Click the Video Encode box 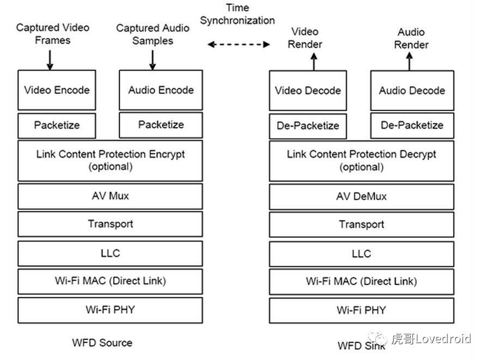pyautogui.click(x=57, y=90)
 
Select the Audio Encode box pyautogui.click(x=161, y=90)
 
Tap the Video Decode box pyautogui.click(x=308, y=90)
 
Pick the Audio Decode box pyautogui.click(x=412, y=90)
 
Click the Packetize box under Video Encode pyautogui.click(x=57, y=125)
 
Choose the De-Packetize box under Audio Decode pyautogui.click(x=412, y=125)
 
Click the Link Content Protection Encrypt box pyautogui.click(x=110, y=160)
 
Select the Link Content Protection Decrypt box pyautogui.click(x=361, y=160)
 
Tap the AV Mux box pyautogui.click(x=110, y=196)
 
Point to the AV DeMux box pyautogui.click(x=361, y=196)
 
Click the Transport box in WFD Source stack pyautogui.click(x=110, y=224)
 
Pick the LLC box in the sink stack pyautogui.click(x=361, y=253)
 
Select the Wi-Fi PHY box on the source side pyautogui.click(x=110, y=310)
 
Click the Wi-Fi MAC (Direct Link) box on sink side pyautogui.click(x=361, y=282)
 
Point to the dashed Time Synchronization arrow pyautogui.click(x=239, y=45)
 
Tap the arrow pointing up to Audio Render pyautogui.click(x=410, y=62)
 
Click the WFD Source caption pyautogui.click(x=102, y=343)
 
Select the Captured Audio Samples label pyautogui.click(x=153, y=34)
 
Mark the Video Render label pyautogui.click(x=305, y=38)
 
